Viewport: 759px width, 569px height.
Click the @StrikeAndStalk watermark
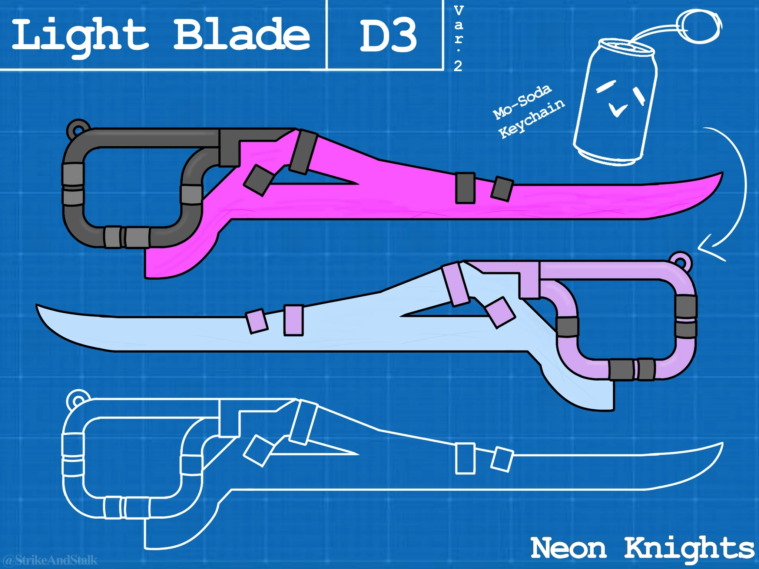(50, 559)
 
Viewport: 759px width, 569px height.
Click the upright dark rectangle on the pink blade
(465, 188)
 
